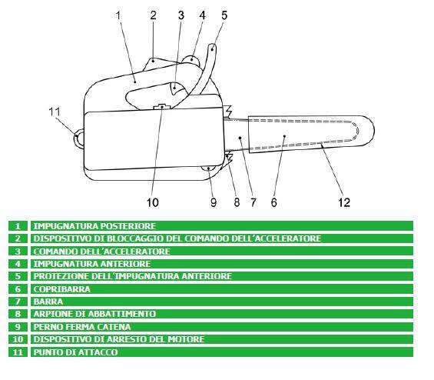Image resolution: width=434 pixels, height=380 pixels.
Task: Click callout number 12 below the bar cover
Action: [x=344, y=202]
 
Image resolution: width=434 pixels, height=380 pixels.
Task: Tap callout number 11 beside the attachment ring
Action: [x=55, y=112]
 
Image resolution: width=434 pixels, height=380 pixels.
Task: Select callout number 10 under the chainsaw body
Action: [x=153, y=202]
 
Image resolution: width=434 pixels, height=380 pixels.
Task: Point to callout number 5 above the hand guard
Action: [x=224, y=15]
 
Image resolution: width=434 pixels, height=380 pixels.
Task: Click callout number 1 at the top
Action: [x=118, y=15]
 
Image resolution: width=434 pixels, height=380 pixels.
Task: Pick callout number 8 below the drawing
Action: [x=237, y=202]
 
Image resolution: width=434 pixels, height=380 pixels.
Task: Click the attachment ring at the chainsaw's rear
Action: [x=78, y=138]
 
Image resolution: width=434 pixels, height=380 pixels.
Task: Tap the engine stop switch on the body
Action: [x=162, y=106]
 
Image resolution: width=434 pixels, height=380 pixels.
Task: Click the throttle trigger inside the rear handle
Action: [x=177, y=89]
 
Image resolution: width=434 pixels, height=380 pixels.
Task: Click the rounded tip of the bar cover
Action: [x=371, y=130]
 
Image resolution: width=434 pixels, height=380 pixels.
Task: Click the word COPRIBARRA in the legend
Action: [x=62, y=289]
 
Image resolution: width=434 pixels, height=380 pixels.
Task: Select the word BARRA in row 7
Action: [x=48, y=302]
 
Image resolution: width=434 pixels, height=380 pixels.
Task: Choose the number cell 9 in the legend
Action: [x=18, y=326]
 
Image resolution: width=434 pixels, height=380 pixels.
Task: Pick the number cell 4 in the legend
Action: [x=18, y=264]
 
